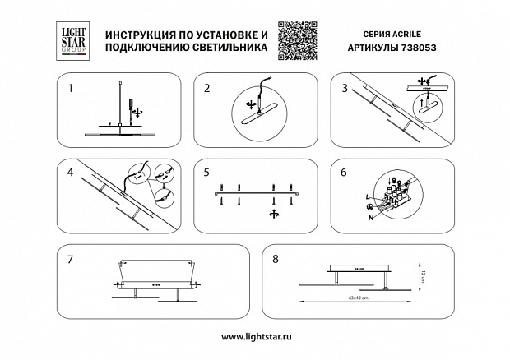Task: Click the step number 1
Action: [72, 86]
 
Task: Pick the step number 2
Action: [206, 86]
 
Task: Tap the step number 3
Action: [343, 86]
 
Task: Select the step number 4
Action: [72, 173]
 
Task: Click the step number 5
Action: [207, 173]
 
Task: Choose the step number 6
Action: [344, 173]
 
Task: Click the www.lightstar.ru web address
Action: [254, 337]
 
